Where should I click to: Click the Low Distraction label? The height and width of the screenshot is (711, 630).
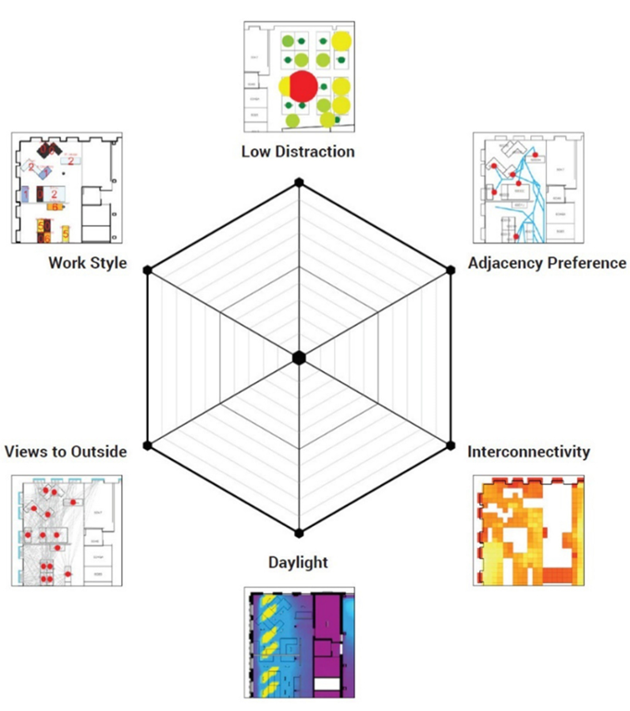(x=298, y=151)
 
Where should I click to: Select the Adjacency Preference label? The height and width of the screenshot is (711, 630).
(x=547, y=262)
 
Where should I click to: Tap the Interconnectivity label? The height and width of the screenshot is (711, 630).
(x=528, y=452)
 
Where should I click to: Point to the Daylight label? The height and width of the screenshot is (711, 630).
(x=298, y=562)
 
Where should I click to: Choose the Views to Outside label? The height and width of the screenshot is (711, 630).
(x=66, y=452)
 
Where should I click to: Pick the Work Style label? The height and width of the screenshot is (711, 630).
(x=88, y=262)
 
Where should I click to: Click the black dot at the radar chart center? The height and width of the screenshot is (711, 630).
(x=299, y=357)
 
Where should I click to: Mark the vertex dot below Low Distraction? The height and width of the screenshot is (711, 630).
(x=299, y=183)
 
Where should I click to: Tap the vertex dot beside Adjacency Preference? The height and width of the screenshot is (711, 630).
(x=451, y=269)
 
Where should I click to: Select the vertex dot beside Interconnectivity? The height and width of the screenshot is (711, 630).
(x=451, y=445)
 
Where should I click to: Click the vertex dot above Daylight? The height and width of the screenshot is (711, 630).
(x=299, y=532)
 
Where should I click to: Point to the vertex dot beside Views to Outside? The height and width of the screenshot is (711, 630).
(x=147, y=445)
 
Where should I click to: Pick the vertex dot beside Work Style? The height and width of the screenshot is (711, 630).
(x=147, y=269)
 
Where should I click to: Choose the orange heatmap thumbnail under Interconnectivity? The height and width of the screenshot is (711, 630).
(x=528, y=530)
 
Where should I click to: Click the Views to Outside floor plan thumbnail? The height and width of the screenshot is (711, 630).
(x=68, y=530)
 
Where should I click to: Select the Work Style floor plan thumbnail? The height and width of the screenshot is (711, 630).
(x=68, y=188)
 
